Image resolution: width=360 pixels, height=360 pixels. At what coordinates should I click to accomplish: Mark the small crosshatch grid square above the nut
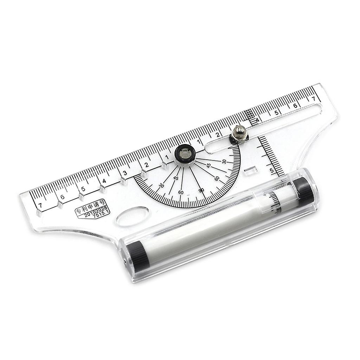[249, 113]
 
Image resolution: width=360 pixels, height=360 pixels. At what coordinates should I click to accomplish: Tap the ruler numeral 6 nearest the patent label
[62, 197]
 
